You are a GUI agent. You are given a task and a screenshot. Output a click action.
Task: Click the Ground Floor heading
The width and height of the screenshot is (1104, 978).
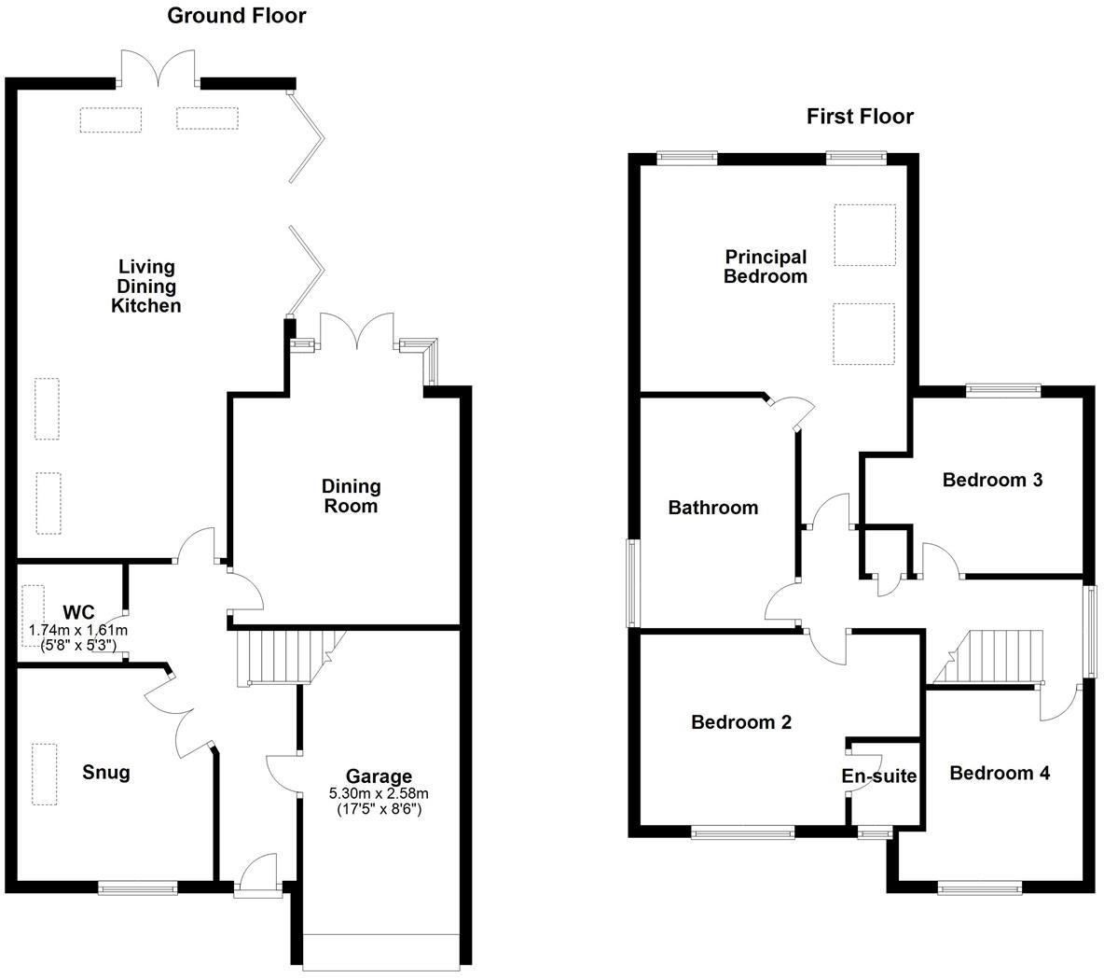(x=236, y=16)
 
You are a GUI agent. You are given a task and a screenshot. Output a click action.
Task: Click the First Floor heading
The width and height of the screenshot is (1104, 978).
(x=860, y=117)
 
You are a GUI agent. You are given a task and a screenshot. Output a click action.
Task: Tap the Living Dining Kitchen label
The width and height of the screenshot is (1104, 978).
(x=146, y=286)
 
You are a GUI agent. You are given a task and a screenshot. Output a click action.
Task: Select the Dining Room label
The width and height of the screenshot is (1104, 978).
(x=352, y=496)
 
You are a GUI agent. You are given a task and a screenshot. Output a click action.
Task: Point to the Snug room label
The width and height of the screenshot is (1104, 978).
(x=106, y=773)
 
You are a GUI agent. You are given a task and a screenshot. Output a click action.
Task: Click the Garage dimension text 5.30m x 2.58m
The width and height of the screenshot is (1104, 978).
(x=379, y=793)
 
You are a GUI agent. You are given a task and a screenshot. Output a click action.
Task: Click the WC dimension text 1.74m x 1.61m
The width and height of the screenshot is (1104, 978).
(x=78, y=630)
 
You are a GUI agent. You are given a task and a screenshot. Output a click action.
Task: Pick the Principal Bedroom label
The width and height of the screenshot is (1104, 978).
(x=766, y=266)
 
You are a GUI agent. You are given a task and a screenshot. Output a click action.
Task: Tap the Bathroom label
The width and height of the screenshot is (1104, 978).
(x=713, y=508)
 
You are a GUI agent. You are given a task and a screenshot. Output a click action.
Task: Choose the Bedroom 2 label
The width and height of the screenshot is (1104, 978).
(x=741, y=721)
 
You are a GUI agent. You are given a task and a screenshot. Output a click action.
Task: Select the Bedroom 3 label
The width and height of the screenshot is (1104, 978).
(x=992, y=480)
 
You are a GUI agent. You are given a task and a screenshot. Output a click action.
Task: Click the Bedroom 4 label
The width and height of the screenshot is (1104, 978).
(x=1000, y=773)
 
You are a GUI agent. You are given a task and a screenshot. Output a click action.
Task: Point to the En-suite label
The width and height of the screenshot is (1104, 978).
(x=879, y=776)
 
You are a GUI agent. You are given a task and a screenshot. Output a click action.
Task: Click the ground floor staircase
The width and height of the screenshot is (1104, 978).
(x=277, y=657)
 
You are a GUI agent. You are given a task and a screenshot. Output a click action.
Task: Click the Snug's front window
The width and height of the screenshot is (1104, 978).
(x=138, y=888)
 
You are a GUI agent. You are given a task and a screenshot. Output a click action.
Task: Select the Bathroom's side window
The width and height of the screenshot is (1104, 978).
(x=632, y=582)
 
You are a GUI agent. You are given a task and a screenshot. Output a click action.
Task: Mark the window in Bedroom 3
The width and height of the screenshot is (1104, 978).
(x=1002, y=391)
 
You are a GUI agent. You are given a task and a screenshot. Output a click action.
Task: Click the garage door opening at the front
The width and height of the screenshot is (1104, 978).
(x=382, y=952)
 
